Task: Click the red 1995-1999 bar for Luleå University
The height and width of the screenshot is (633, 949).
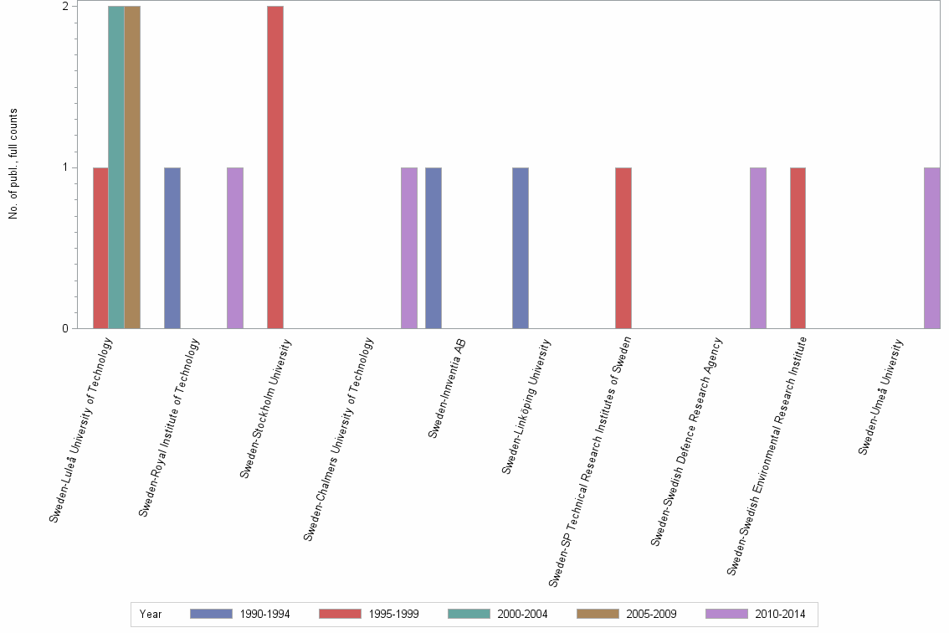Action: tap(100, 248)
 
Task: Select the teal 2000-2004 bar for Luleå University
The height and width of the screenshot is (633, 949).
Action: tap(116, 167)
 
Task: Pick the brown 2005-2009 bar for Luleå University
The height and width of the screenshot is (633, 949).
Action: tap(132, 167)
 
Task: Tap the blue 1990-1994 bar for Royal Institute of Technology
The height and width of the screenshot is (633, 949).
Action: tap(172, 248)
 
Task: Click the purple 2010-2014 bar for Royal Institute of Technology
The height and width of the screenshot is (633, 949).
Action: tap(235, 248)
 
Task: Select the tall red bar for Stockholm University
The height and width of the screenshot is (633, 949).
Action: tap(275, 167)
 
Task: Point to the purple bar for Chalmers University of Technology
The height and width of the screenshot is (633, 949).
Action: tap(409, 248)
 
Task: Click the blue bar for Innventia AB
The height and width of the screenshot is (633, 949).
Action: tap(433, 248)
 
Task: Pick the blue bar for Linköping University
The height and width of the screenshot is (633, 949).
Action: tap(521, 248)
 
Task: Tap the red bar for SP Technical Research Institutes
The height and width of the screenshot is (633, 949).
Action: tap(623, 248)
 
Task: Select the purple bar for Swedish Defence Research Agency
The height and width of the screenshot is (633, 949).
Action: tap(758, 248)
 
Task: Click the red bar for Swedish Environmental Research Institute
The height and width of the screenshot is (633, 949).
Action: tap(798, 248)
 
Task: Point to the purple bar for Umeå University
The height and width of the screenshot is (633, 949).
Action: tap(932, 248)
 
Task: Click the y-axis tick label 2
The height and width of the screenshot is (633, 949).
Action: tap(64, 7)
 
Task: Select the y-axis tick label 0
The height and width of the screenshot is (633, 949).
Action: tap(64, 328)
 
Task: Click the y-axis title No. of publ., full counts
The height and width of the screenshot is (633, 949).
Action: tap(13, 164)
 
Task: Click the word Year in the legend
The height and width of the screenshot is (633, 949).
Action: tap(151, 614)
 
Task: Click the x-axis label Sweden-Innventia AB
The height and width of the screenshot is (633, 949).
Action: tap(446, 387)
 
